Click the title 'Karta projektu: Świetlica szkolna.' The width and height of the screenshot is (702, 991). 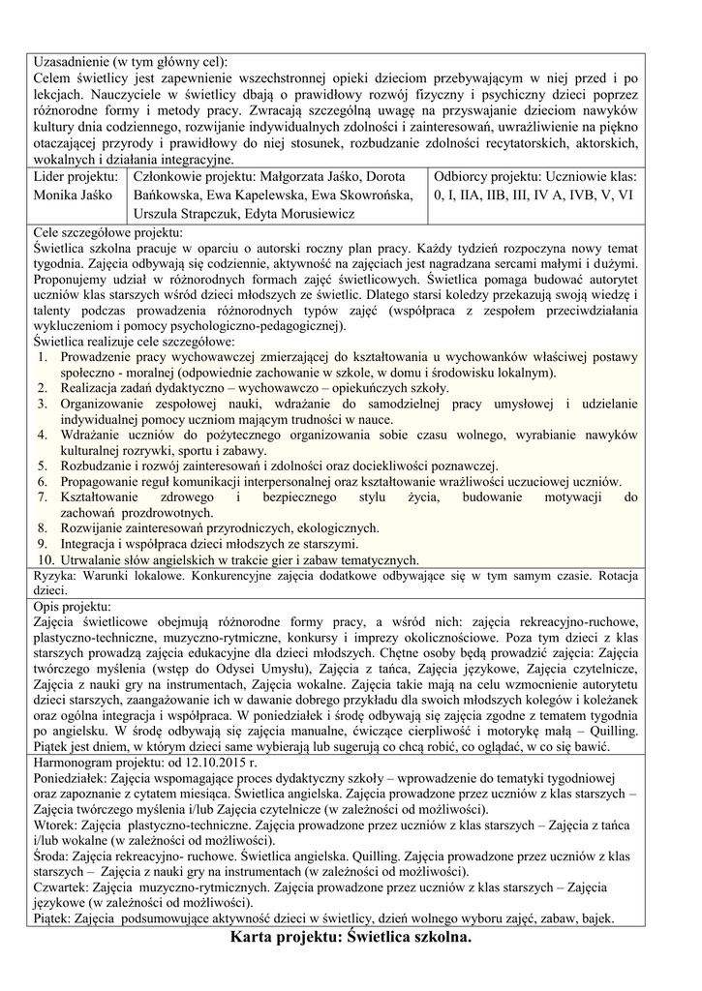tap(351, 938)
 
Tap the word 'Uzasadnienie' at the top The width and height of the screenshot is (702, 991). tap(72, 60)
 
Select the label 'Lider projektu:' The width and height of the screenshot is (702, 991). tap(76, 176)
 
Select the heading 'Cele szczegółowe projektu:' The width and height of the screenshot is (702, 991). tap(107, 232)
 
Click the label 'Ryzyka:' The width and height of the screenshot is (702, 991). tap(56, 577)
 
